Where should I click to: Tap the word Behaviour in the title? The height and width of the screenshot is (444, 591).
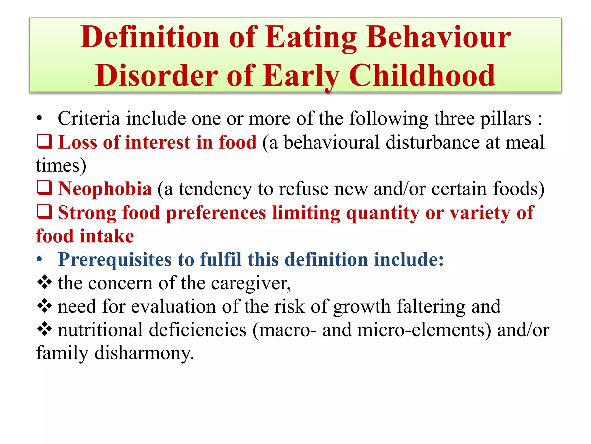pos(438,38)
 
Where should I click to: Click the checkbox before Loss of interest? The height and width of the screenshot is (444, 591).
pos(45,142)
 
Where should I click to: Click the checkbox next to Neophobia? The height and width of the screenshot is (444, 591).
pos(45,188)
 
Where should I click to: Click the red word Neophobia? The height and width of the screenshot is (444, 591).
pos(105,189)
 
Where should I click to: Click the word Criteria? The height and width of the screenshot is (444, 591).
pos(89,119)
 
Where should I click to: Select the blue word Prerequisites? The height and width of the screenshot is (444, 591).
pos(115,259)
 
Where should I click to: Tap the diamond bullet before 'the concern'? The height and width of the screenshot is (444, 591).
pos(45,282)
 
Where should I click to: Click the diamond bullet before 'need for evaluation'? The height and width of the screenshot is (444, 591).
pos(45,306)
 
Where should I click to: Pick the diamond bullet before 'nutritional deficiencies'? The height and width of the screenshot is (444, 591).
pos(45,330)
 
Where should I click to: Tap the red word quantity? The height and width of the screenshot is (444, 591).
pos(382,213)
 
